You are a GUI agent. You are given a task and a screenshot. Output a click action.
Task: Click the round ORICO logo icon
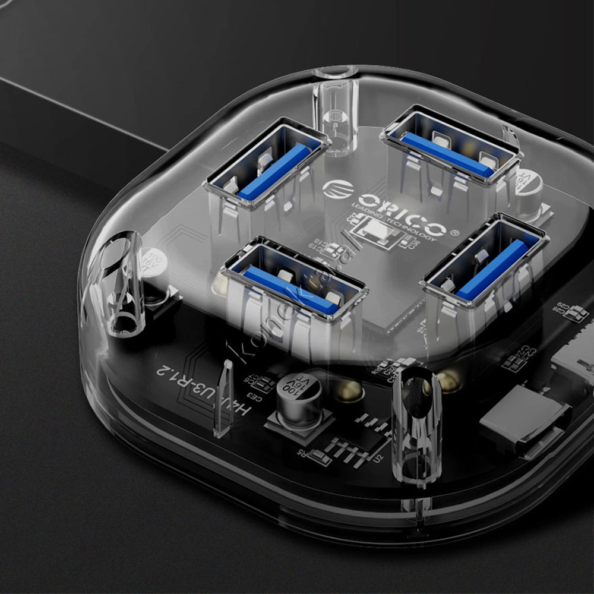pos(337,189)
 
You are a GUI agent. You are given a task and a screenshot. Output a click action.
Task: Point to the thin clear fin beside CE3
pos(224,398)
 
